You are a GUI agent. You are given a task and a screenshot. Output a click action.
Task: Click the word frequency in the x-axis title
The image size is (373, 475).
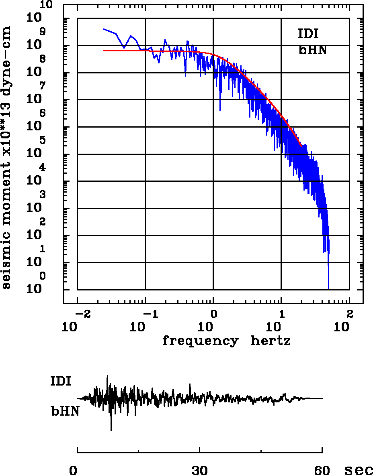pos(200,341)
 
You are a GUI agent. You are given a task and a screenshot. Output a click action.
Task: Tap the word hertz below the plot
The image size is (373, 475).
pos(271,341)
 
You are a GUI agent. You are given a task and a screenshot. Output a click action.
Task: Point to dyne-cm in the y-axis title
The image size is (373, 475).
pos(6,56)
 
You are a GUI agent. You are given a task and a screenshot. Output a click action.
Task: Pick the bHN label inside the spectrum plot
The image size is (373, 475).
pos(312,50)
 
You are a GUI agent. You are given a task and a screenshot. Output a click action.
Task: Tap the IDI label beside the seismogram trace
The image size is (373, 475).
pos(61,381)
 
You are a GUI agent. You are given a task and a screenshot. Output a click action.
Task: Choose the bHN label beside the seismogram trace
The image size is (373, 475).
pos(64,411)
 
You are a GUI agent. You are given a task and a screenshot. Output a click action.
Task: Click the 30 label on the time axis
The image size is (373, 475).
pos(200,470)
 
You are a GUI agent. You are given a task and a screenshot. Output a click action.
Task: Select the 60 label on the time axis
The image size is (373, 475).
pos(322,470)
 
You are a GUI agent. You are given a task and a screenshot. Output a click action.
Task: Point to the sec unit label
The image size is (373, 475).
pos(359,470)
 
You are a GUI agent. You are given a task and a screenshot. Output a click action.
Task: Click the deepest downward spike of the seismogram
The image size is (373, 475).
pos(111,430)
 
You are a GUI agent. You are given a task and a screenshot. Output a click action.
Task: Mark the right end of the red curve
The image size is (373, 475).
pos(301,147)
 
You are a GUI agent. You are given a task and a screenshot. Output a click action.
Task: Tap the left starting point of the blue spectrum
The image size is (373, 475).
pos(103,29)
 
